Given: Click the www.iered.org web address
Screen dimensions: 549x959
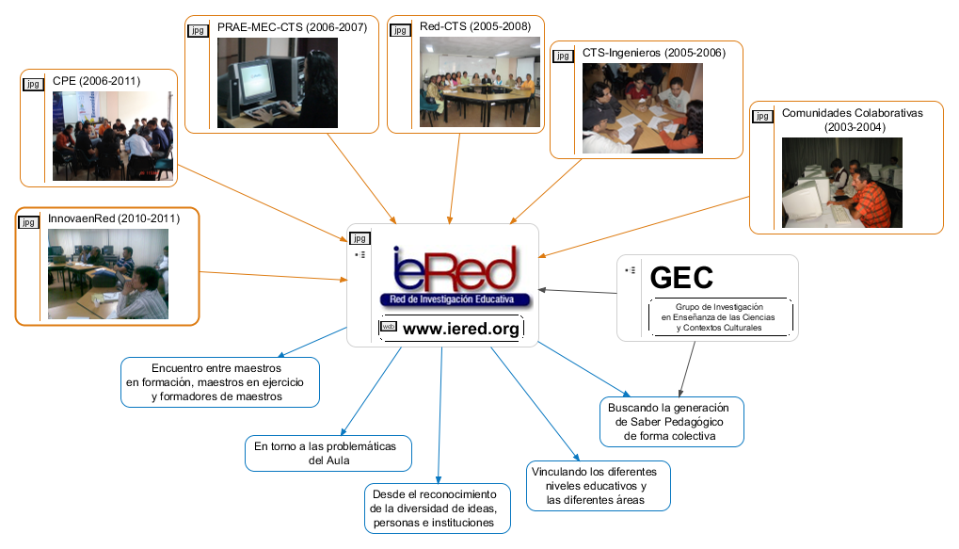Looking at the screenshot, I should point(460,329).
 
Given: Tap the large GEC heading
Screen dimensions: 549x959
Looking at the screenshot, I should point(681,277).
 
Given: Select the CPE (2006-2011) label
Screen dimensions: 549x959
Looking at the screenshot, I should point(96,82).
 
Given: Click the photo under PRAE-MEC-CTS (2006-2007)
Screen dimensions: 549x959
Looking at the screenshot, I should point(278,83).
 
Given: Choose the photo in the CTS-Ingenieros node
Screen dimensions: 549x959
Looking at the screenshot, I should point(637,109).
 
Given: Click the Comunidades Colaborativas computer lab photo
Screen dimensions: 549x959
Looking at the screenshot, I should point(841,183).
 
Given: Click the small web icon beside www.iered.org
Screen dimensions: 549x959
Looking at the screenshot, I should point(388,327).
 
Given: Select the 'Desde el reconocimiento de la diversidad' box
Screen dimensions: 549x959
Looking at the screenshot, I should point(439,509).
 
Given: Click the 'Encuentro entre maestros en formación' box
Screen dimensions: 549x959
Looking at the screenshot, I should point(220,382).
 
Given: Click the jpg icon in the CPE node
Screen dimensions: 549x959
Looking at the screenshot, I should point(33,85).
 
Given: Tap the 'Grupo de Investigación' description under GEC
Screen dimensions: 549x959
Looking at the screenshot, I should point(719,318).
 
